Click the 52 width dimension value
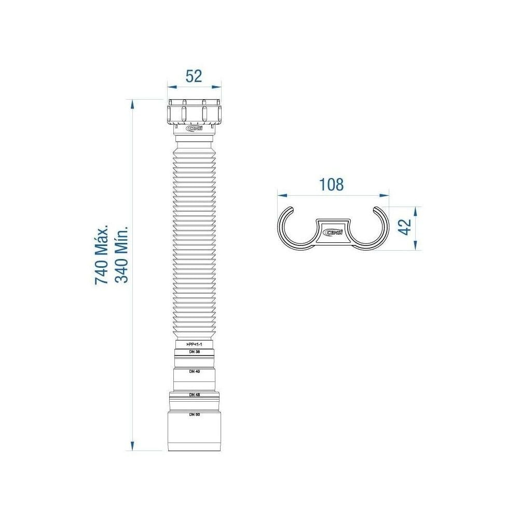[x=194, y=76]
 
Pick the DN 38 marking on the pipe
[x=194, y=352]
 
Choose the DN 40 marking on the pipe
[x=194, y=372]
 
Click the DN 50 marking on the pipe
[x=194, y=414]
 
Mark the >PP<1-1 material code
[x=194, y=344]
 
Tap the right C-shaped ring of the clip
[x=372, y=228]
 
